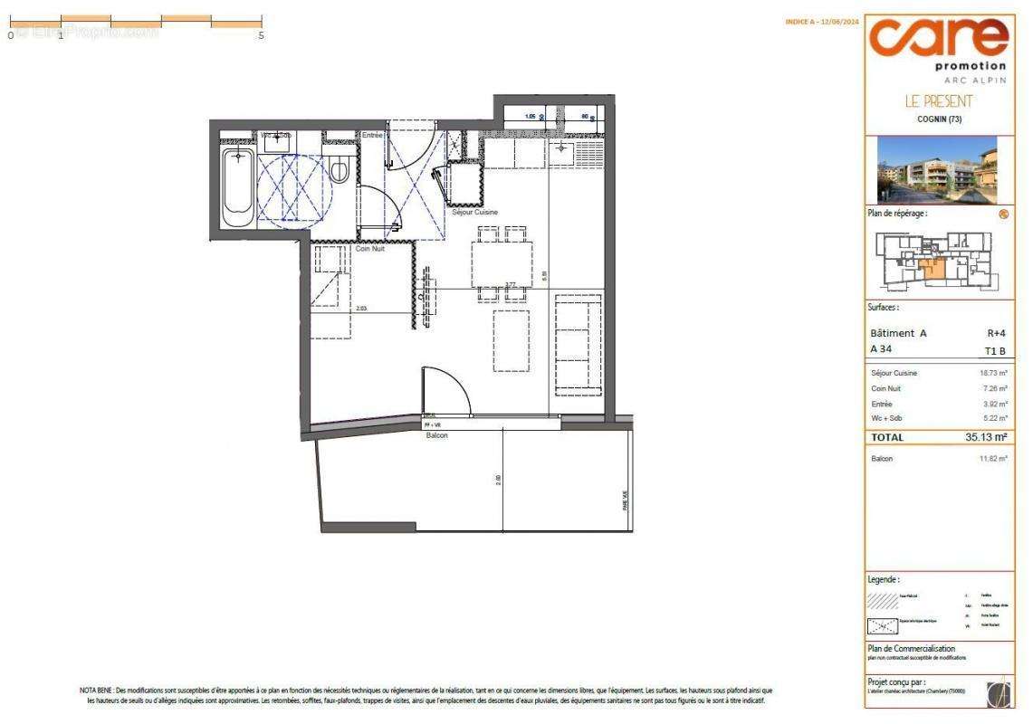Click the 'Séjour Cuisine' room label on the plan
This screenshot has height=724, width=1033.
tap(475, 213)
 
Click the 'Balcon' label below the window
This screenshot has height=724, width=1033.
tap(438, 435)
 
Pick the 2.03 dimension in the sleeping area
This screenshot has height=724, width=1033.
tap(361, 309)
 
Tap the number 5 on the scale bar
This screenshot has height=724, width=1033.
tap(261, 35)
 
